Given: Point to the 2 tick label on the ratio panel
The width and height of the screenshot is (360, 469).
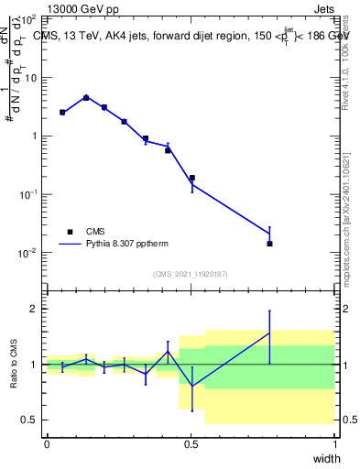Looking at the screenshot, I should click(x=33, y=309).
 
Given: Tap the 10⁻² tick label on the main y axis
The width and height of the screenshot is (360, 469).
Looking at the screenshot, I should click(x=28, y=253).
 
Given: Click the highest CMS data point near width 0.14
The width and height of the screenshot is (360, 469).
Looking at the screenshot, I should click(x=86, y=97).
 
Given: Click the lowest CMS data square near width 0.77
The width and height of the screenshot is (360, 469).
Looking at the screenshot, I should click(x=269, y=244).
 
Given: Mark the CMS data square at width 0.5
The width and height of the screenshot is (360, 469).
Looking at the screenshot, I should click(x=191, y=178).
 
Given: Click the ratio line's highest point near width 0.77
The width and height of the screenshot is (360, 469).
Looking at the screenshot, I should click(x=269, y=333).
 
